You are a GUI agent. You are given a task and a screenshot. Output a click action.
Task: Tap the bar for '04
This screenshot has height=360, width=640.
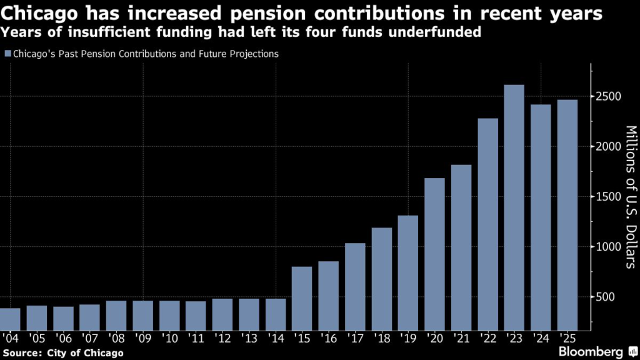(10, 319)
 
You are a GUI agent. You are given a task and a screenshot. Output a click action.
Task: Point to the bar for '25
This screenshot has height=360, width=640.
(567, 215)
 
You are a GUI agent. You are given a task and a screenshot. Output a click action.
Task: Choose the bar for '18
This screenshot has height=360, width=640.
(381, 279)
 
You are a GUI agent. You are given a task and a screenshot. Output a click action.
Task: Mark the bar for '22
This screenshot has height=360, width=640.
(487, 224)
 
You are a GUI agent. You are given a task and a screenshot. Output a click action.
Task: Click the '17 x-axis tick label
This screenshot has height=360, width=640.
(354, 338)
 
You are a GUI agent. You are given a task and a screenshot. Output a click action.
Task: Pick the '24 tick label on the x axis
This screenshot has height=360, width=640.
(539, 338)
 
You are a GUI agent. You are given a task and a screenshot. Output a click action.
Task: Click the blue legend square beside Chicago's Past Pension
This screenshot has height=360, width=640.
(7, 54)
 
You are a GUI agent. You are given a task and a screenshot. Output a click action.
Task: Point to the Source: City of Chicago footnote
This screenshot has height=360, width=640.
(63, 353)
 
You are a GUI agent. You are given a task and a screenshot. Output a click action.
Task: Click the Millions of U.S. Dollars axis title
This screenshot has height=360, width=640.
(630, 197)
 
